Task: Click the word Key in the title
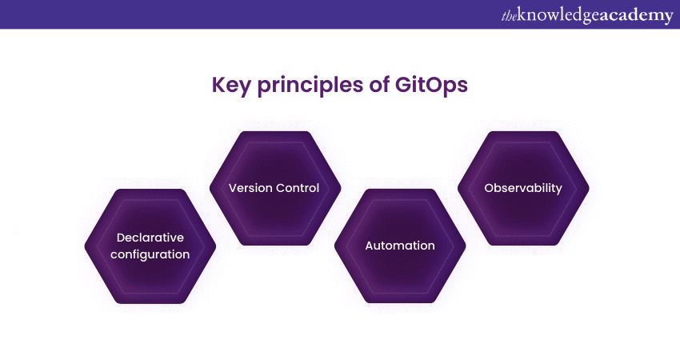tap(231, 86)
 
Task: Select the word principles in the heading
tap(310, 86)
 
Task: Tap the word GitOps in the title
tap(431, 86)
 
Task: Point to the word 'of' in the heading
tap(379, 84)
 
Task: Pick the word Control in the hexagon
tap(298, 188)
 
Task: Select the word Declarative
tap(150, 238)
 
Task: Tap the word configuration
tap(150, 254)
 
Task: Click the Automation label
tap(400, 246)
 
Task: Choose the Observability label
tap(523, 188)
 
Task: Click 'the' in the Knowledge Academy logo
tap(509, 16)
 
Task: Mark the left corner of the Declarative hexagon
tap(85, 246)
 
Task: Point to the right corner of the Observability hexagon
tap(589, 188)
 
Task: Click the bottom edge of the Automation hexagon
tap(400, 302)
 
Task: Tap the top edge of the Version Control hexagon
tap(275, 132)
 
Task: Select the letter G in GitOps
tap(403, 84)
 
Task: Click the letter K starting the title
tap(218, 85)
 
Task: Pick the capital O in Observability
tap(490, 188)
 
